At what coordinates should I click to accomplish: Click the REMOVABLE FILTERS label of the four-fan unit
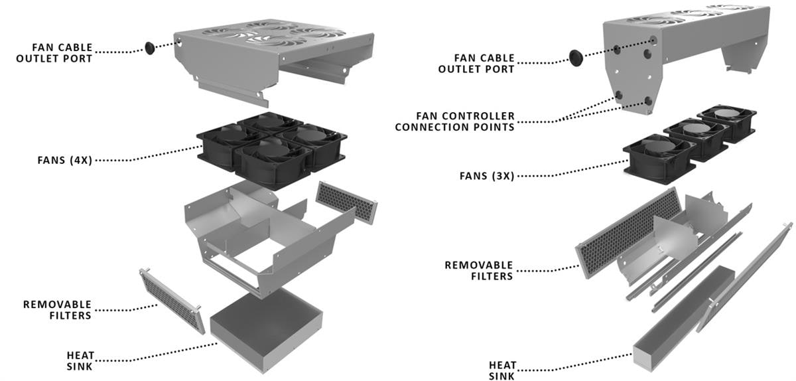click(x=57, y=310)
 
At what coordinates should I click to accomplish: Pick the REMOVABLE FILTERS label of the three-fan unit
click(x=479, y=271)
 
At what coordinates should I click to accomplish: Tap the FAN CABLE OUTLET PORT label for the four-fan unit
click(x=62, y=52)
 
